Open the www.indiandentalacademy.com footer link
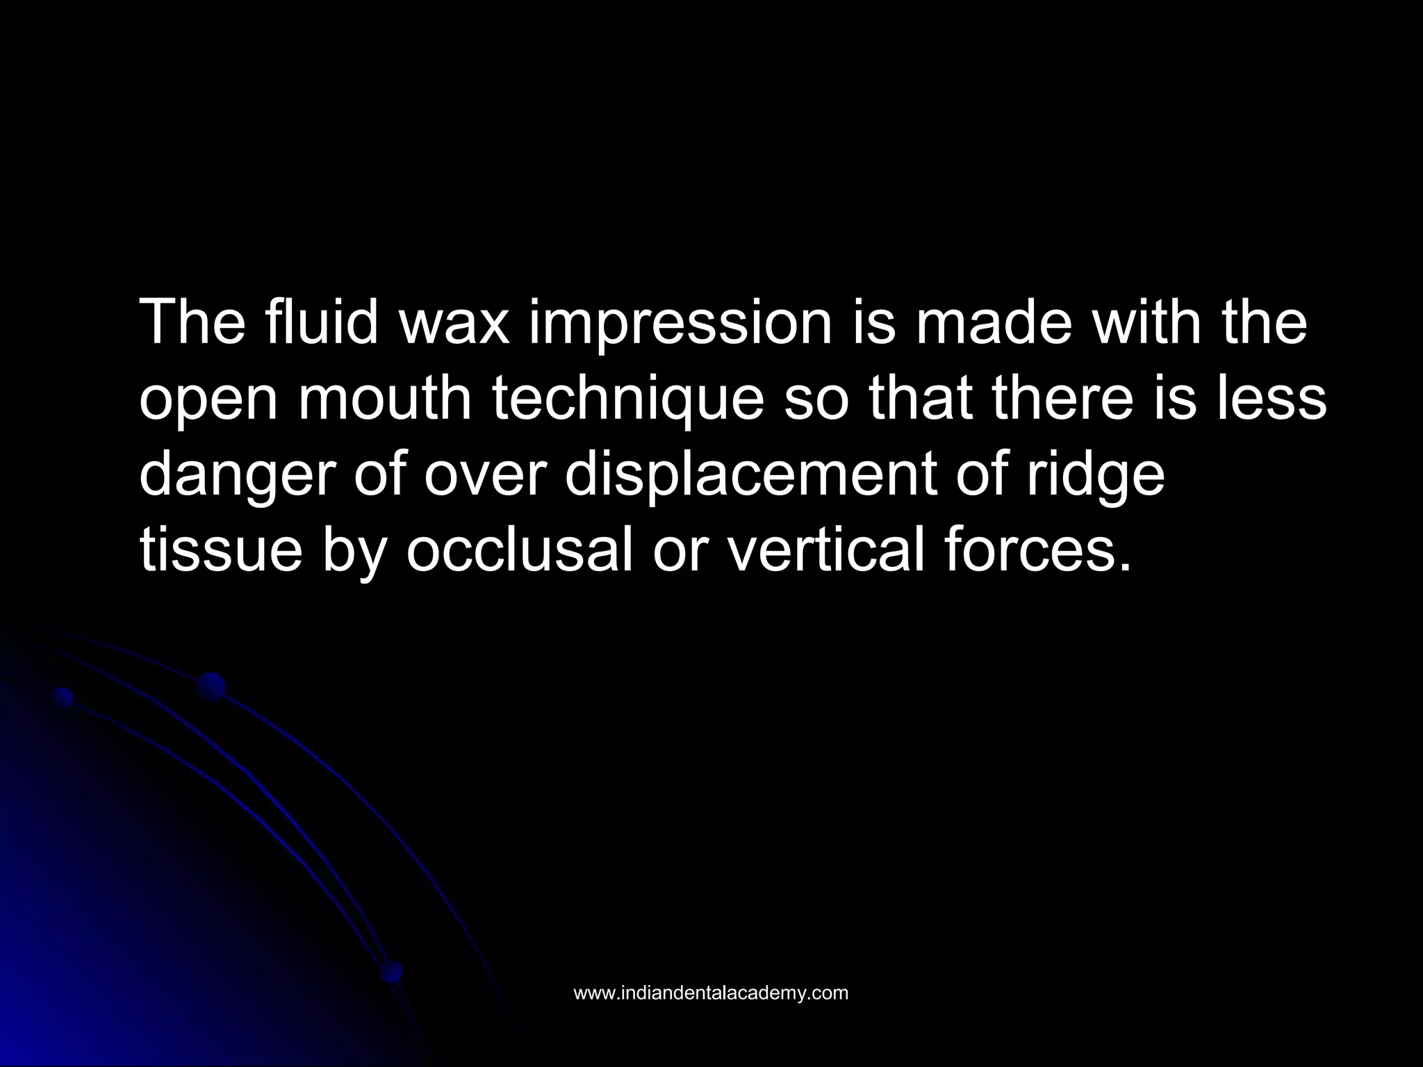click(x=711, y=993)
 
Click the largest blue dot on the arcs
click(x=211, y=687)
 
